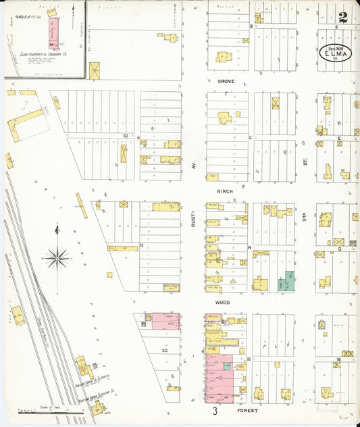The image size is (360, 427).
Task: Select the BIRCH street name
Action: pyautogui.click(x=225, y=191)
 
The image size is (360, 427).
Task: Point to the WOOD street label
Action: pyautogui.click(x=224, y=303)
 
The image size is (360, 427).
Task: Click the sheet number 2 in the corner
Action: pyautogui.click(x=343, y=18)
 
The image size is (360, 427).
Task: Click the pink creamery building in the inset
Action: pyautogui.click(x=51, y=30)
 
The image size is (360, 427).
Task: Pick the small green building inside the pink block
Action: pyautogui.click(x=227, y=366)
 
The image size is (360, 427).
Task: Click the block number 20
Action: pyautogui.click(x=164, y=351)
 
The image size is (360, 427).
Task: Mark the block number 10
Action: pyautogui.click(x=126, y=136)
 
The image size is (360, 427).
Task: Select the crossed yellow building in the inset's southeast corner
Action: pyautogui.click(x=94, y=70)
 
